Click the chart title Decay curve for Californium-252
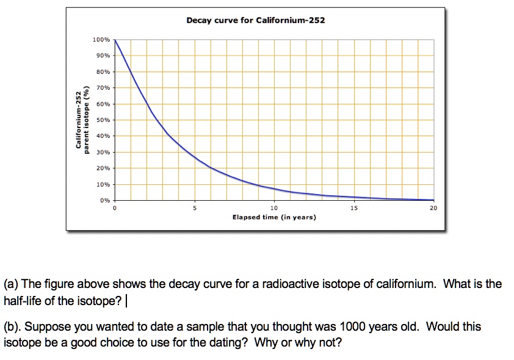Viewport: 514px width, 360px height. (x=256, y=20)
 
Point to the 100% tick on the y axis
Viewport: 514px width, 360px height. (x=101, y=40)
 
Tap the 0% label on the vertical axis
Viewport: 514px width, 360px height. (x=105, y=200)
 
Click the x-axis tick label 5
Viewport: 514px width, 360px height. (x=195, y=208)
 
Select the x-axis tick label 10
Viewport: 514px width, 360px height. (x=274, y=208)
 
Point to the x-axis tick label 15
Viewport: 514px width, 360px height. (x=354, y=208)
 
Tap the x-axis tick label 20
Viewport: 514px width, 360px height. (x=433, y=208)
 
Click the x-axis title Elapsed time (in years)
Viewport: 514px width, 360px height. (x=274, y=217)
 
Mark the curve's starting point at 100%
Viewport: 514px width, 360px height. (x=115, y=40)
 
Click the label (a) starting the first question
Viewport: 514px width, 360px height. (x=11, y=284)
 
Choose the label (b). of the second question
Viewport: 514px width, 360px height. (x=12, y=326)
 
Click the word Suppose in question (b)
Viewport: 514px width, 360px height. (x=48, y=326)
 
